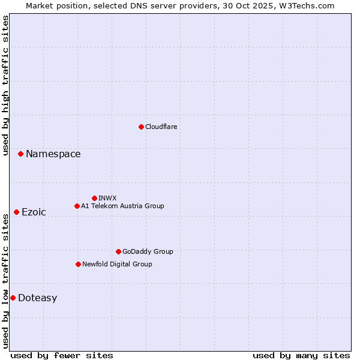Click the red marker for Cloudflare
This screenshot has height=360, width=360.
141,127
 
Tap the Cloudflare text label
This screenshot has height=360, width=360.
161,127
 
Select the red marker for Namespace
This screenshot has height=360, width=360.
20,154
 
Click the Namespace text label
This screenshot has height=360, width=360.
53,154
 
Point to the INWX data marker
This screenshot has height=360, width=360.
94,198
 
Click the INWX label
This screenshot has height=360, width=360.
107,198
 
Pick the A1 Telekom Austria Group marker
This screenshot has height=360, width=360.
77,206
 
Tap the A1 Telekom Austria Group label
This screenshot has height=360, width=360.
122,206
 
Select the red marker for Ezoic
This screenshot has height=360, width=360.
16,212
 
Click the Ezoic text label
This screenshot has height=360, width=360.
34,212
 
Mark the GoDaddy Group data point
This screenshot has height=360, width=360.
118,251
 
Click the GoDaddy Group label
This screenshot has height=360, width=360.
148,251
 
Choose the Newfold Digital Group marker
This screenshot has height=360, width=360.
78,264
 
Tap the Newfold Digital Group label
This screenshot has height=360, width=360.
117,264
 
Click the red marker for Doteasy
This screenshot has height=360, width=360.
13,298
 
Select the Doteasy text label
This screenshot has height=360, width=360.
37,298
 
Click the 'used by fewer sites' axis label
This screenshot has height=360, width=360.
62,355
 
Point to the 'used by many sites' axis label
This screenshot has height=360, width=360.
301,355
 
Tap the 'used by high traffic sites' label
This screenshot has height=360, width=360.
5,85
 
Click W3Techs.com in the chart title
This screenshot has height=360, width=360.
309,5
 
